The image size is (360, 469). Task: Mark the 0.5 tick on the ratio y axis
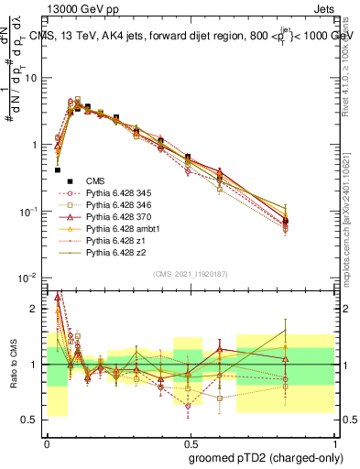(x=33, y=420)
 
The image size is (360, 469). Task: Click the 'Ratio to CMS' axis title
(x=13, y=364)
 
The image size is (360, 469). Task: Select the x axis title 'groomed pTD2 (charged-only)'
(x=266, y=458)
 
